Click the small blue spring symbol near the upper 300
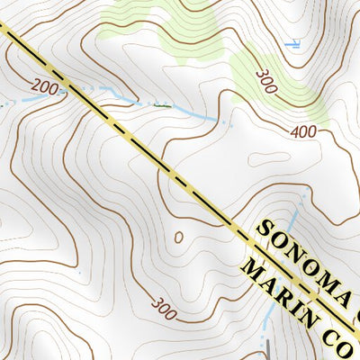pyautogui.click(x=292, y=42)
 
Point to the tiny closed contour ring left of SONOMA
pyautogui.click(x=178, y=238)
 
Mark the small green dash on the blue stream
pyautogui.click(x=161, y=104)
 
